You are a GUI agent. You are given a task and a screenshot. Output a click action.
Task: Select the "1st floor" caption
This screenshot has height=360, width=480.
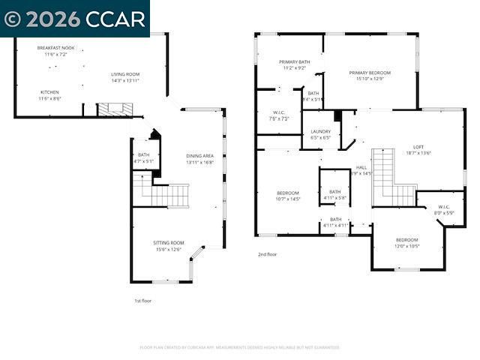pos(142,300)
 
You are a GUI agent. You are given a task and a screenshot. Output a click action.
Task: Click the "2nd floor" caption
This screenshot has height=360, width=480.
pos(267,254)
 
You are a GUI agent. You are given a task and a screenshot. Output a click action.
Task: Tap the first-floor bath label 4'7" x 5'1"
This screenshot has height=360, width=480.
pos(143,157)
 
